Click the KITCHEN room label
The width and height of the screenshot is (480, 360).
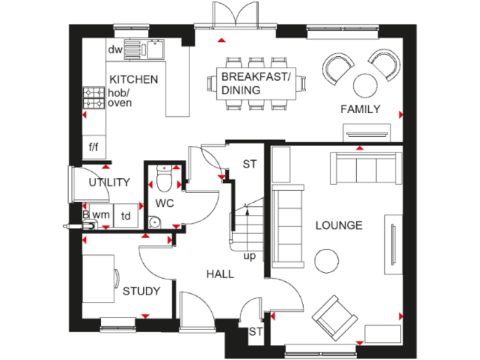(134, 79)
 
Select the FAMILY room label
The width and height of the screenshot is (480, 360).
(360, 109)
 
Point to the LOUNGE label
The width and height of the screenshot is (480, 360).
(338, 225)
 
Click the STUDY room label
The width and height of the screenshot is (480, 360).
(141, 291)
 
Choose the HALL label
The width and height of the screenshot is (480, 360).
(220, 274)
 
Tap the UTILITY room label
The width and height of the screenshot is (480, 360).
(109, 182)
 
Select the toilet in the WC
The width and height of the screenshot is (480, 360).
(164, 179)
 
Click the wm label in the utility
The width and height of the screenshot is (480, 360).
(101, 216)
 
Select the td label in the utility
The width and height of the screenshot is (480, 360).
(126, 216)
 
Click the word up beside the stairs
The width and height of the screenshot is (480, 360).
(249, 256)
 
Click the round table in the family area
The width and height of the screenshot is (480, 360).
(364, 83)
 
